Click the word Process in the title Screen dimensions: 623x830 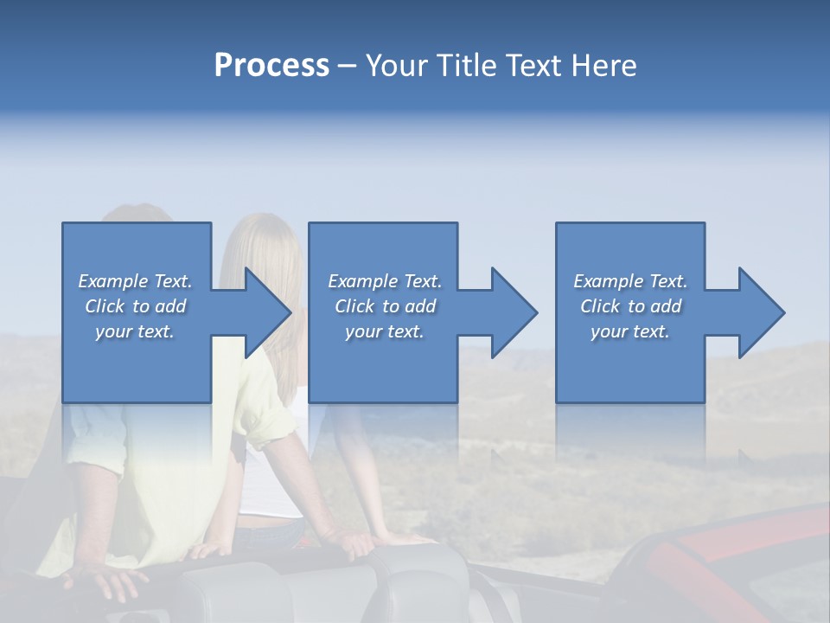tap(271, 66)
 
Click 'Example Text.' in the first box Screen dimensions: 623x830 tap(135, 281)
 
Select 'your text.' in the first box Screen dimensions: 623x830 tap(135, 331)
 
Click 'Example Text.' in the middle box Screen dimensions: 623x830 tap(385, 281)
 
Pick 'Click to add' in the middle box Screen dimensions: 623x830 tap(385, 306)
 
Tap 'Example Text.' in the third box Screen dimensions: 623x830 tap(630, 281)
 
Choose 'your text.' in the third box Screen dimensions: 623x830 tap(630, 331)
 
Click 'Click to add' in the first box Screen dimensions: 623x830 tap(135, 306)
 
